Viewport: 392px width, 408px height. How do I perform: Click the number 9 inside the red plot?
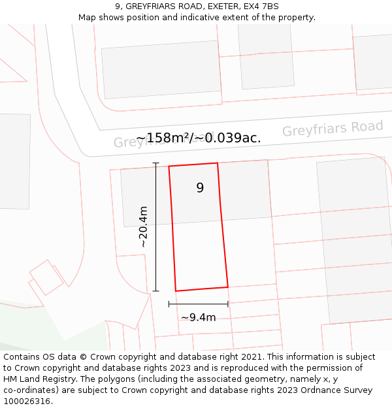point(200,188)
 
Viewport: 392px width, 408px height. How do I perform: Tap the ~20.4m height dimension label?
point(143,227)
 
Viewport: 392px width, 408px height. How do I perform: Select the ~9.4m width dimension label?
point(198,318)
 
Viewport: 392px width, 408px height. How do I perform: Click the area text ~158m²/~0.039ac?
point(199,138)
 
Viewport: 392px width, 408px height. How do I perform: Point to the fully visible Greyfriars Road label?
point(333,129)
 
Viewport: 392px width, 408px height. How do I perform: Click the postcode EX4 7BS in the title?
point(261,7)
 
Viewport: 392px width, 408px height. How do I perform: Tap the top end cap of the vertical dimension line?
point(155,163)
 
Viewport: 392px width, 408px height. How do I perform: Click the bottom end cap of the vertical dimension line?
point(155,291)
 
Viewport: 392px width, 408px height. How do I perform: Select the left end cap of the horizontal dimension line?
point(169,304)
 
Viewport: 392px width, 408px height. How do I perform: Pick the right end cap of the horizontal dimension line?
point(228,304)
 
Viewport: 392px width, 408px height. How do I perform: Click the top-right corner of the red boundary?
point(218,163)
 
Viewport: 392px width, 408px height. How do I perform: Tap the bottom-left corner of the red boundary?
point(176,291)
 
